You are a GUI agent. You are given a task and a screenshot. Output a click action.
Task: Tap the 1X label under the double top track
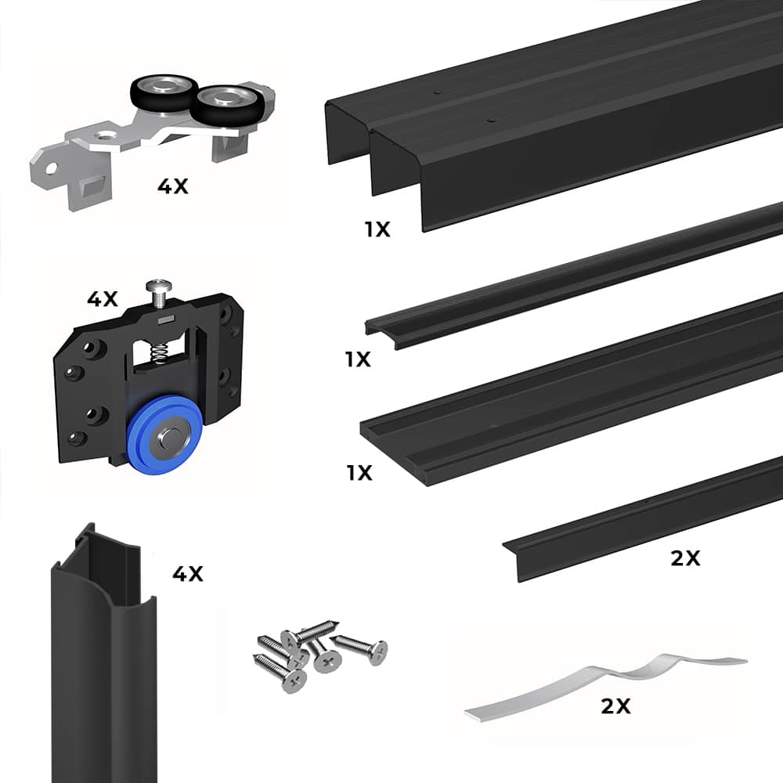pos(377,229)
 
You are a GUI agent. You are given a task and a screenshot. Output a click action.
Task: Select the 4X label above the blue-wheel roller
pos(102,298)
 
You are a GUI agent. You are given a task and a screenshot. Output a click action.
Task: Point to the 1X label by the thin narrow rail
pos(358,359)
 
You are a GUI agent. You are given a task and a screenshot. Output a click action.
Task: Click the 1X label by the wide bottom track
pos(358,473)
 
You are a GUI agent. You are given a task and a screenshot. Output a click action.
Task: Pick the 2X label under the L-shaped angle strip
pos(685,558)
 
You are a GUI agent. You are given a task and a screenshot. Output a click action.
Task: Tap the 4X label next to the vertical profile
pos(187,574)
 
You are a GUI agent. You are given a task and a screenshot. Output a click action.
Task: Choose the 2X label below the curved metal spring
pos(615,706)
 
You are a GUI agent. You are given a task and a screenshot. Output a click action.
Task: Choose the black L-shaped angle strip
pos(642,521)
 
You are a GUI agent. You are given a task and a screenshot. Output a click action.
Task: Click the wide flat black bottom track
pos(572,391)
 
